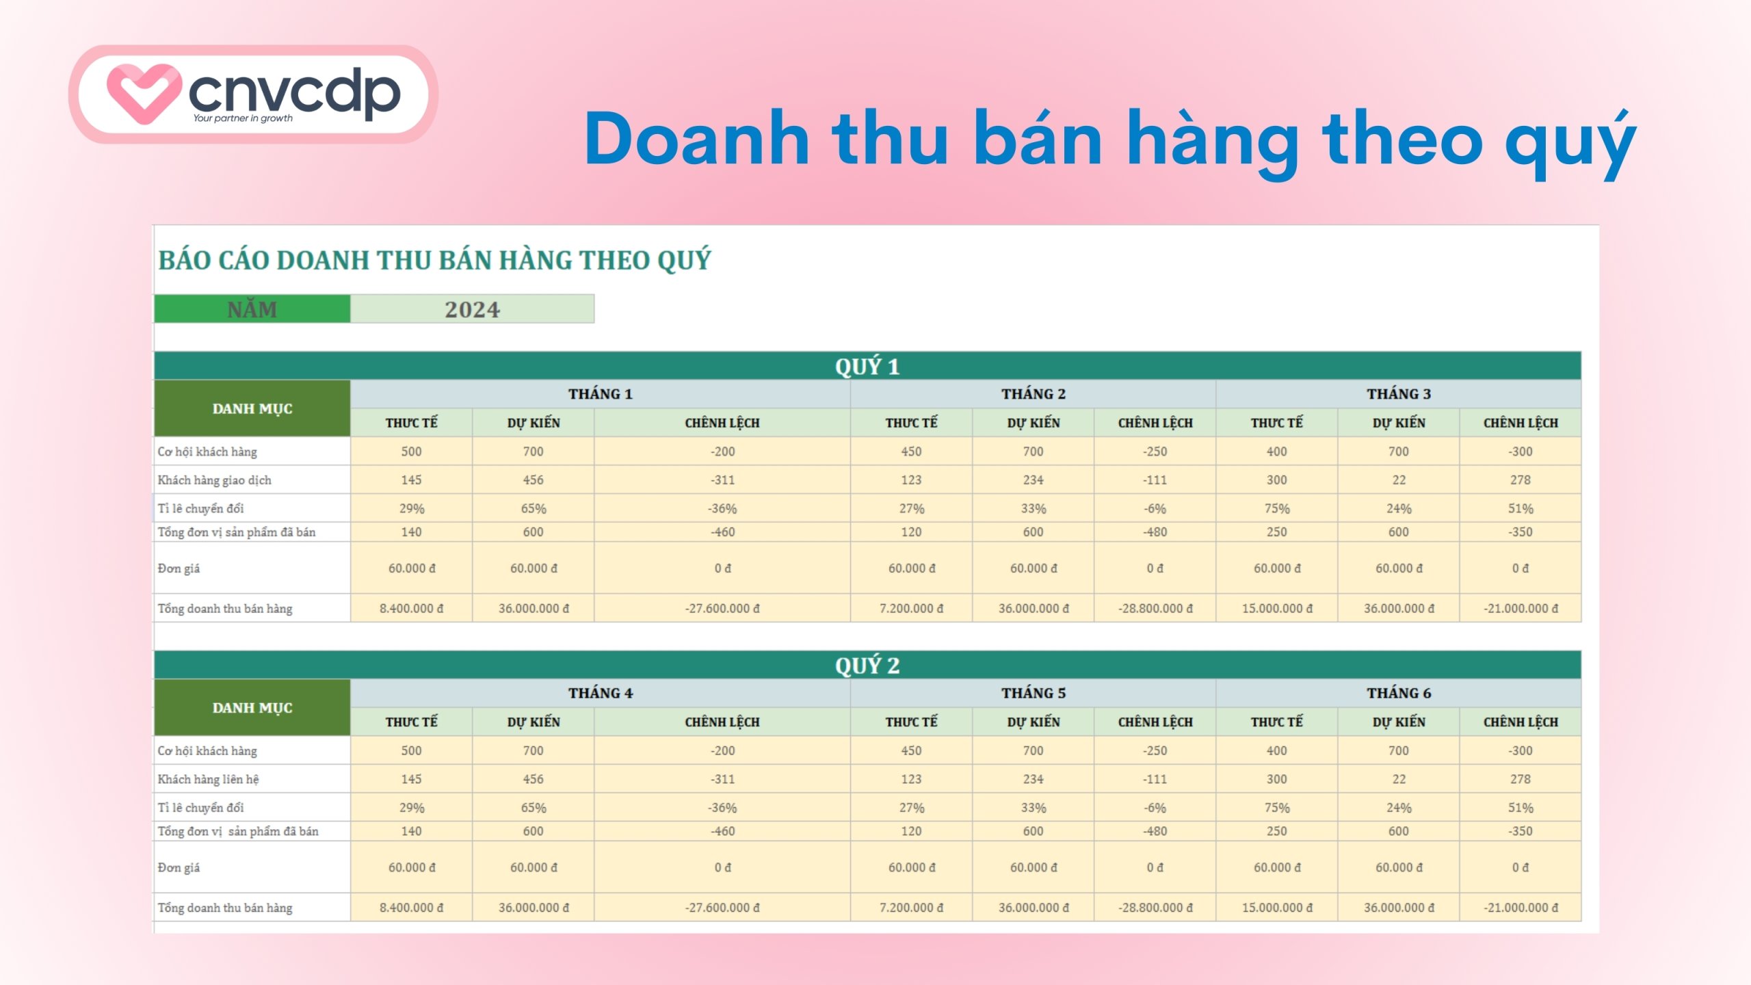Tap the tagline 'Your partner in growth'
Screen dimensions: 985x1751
click(x=243, y=118)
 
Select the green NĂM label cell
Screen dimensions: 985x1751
click(x=252, y=309)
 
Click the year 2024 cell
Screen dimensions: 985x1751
click(x=472, y=309)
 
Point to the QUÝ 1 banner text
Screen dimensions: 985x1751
click(x=867, y=367)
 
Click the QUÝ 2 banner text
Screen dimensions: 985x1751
click(x=867, y=666)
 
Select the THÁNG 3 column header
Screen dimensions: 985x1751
click(x=1398, y=394)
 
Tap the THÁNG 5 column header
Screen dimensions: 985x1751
click(x=1033, y=693)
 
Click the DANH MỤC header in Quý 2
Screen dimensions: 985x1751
click(x=252, y=708)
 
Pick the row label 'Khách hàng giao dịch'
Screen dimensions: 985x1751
click(x=214, y=480)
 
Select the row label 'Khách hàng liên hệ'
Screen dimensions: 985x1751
click(x=208, y=779)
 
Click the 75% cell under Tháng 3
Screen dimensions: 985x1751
click(x=1276, y=509)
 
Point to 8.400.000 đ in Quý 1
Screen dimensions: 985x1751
click(x=411, y=608)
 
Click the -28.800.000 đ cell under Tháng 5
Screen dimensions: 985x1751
click(x=1155, y=908)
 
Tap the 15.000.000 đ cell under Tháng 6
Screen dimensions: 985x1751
click(x=1276, y=908)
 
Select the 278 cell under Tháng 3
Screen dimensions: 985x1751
click(x=1520, y=480)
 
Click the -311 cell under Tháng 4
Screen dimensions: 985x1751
click(x=722, y=779)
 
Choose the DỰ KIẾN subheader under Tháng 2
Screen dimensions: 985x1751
click(x=1033, y=423)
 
